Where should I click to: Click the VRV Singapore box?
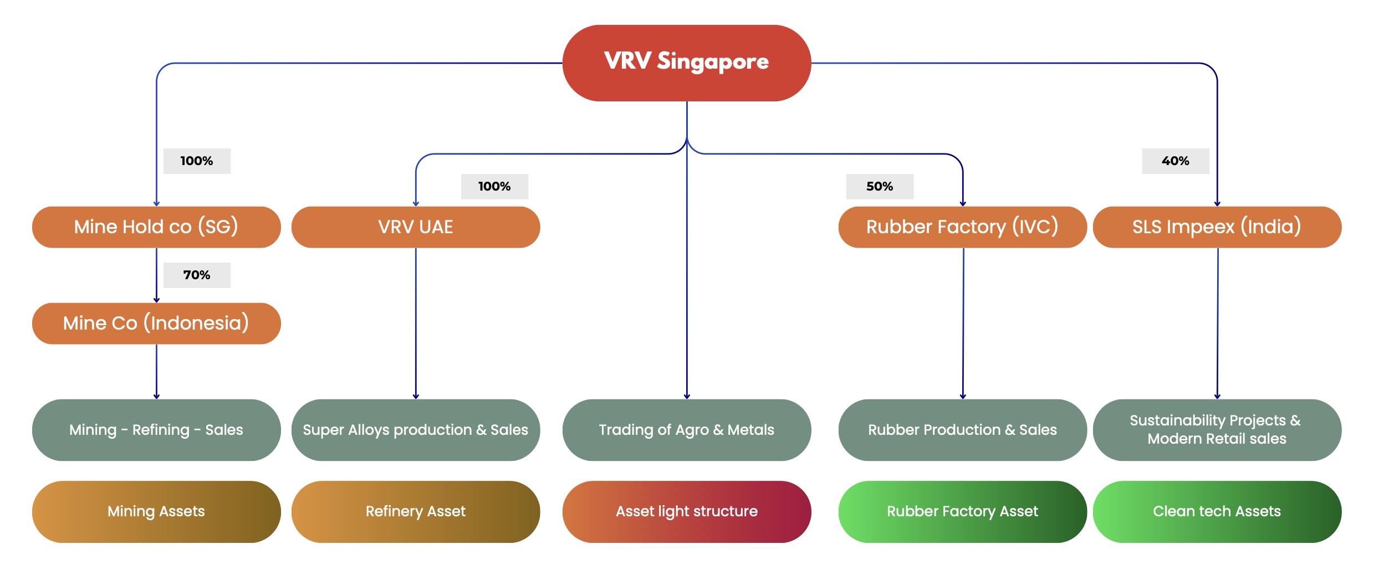pos(686,63)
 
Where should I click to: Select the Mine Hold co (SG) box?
pos(156,227)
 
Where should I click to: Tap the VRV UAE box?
pos(416,227)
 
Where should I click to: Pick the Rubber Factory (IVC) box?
pos(962,227)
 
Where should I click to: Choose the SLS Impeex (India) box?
pos(1217,227)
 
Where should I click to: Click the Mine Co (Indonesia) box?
pos(156,324)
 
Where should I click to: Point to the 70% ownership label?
pos(197,275)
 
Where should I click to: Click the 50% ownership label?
pos(880,187)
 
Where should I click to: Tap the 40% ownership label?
pos(1175,161)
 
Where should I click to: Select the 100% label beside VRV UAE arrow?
pos(494,187)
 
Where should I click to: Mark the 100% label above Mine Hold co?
pos(197,161)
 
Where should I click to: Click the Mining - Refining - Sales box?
pos(156,430)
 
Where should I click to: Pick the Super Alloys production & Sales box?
pos(416,430)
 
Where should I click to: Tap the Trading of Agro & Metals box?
pos(686,430)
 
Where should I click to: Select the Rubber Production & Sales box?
pos(962,430)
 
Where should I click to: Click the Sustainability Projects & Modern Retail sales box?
pos(1217,430)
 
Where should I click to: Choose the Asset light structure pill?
pos(686,511)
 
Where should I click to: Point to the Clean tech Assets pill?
pos(1217,511)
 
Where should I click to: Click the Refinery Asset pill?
pos(416,511)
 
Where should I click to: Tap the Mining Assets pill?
pos(156,511)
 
